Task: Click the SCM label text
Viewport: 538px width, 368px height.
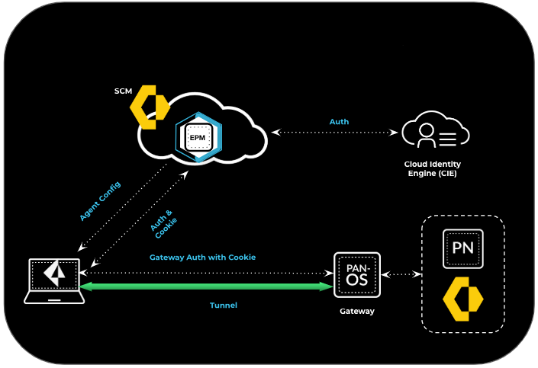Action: point(122,91)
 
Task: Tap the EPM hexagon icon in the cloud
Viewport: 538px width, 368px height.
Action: point(198,137)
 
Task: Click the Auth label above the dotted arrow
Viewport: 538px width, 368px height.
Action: point(339,121)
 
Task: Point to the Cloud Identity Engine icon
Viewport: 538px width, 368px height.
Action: point(435,131)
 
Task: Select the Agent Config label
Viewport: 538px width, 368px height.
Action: point(100,202)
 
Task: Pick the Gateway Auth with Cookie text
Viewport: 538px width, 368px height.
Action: point(202,258)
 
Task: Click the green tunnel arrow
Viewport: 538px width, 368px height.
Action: point(206,286)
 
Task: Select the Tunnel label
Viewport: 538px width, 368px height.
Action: point(224,306)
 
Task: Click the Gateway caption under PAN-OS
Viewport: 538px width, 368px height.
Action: point(357,311)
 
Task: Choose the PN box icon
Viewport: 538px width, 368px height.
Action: point(463,248)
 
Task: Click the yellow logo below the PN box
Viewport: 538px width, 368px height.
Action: point(463,298)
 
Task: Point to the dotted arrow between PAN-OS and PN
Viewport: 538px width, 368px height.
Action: point(401,274)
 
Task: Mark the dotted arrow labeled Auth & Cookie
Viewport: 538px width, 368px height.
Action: point(137,220)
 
